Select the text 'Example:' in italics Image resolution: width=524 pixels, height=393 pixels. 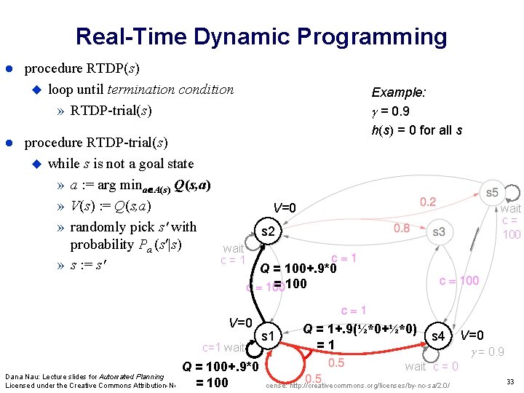[x=399, y=92]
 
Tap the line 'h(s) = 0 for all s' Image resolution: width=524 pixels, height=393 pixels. [x=416, y=130]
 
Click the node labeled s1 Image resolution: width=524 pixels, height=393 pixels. [x=267, y=336]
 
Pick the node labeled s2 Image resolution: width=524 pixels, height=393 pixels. [x=267, y=232]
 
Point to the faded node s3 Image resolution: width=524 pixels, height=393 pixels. [x=439, y=232]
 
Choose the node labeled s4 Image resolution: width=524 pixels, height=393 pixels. [x=438, y=336]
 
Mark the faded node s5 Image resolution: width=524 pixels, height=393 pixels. [x=493, y=192]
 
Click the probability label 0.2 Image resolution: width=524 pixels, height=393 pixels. [x=429, y=201]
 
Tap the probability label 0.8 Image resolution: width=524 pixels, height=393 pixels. [x=402, y=229]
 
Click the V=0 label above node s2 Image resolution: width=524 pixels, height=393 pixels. [x=284, y=208]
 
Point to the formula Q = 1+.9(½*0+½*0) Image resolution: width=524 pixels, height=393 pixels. [x=360, y=329]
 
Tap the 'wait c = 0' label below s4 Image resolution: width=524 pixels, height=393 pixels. [x=432, y=366]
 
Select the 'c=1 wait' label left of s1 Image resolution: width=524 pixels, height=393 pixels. [x=224, y=348]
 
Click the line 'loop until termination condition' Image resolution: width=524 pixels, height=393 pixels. [x=140, y=90]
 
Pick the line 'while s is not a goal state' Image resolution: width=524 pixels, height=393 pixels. [x=121, y=163]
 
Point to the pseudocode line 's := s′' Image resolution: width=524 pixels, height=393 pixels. [x=87, y=263]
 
